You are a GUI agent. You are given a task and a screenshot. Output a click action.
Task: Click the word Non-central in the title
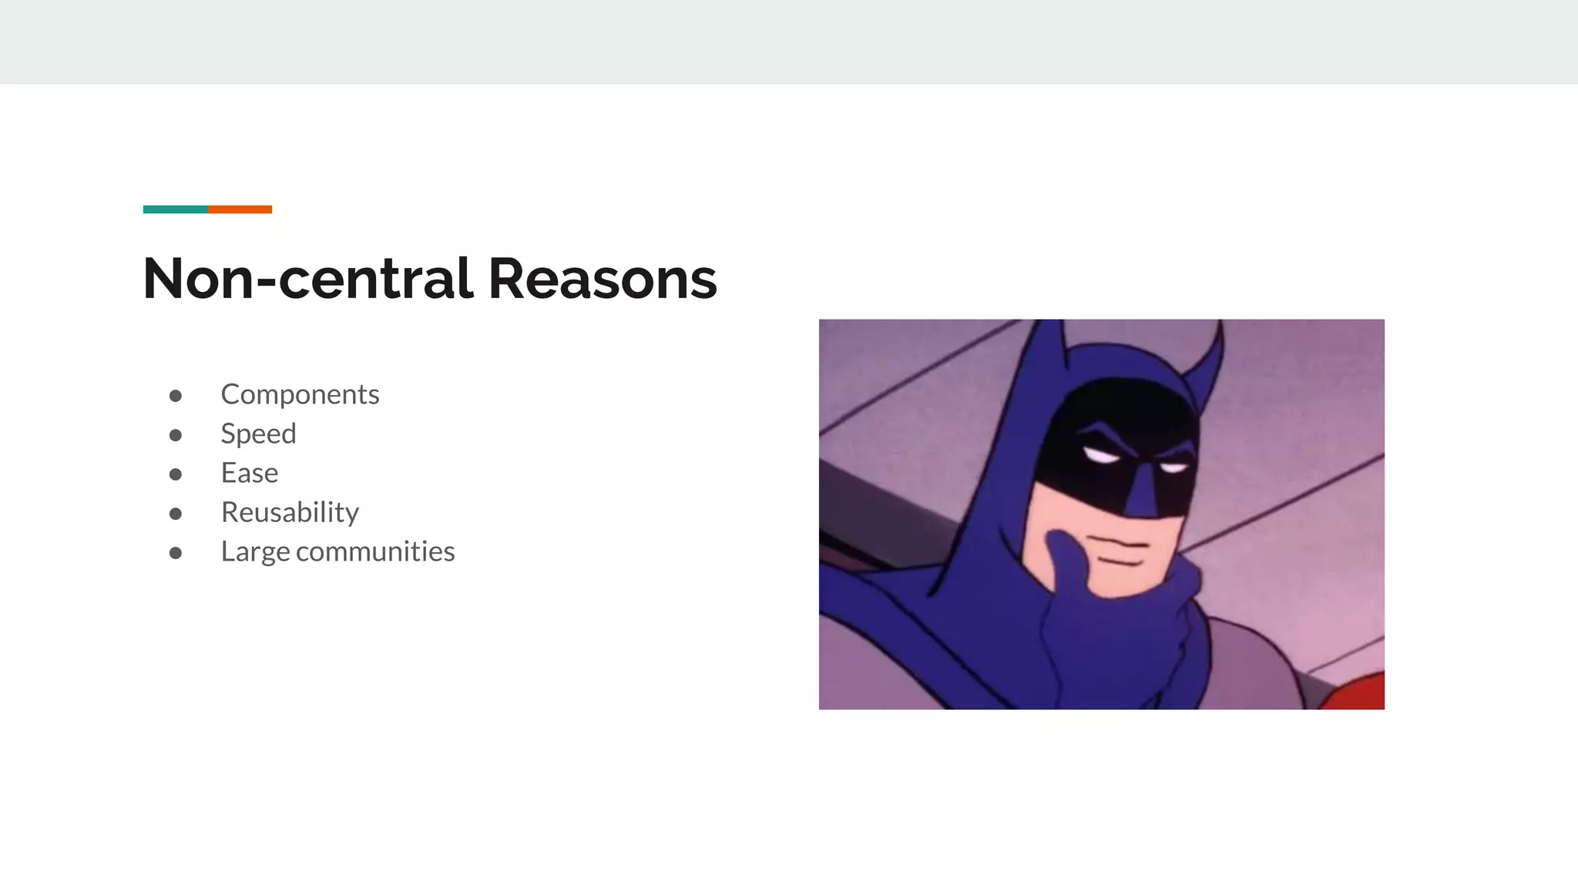click(x=307, y=279)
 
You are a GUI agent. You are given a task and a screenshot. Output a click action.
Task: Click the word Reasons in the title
click(x=602, y=279)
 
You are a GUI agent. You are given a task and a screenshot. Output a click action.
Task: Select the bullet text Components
click(x=300, y=394)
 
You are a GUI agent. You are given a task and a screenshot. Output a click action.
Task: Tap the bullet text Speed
click(x=258, y=433)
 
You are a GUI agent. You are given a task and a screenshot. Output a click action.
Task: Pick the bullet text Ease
click(x=249, y=473)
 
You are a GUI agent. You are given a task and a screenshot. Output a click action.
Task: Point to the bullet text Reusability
click(x=290, y=512)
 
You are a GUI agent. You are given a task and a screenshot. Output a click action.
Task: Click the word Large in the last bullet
click(x=255, y=552)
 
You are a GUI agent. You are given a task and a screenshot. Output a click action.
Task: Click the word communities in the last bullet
click(x=375, y=551)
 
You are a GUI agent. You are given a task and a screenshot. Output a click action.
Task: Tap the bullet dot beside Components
click(x=176, y=396)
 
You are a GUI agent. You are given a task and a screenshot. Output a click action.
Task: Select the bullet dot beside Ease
click(x=176, y=474)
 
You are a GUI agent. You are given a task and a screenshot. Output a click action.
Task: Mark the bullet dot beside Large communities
click(x=176, y=553)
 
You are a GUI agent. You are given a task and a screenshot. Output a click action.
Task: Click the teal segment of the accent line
click(x=175, y=209)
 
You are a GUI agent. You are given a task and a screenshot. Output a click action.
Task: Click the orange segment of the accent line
click(x=240, y=209)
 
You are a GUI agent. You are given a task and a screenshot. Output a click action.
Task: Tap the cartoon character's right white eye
click(x=1174, y=467)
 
